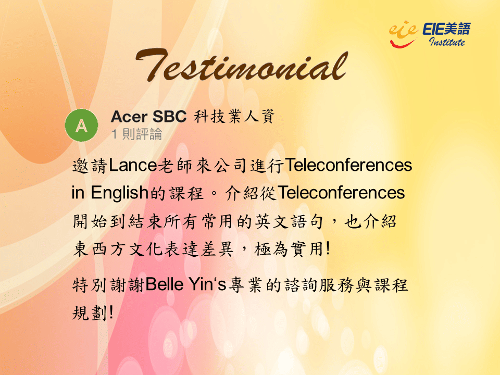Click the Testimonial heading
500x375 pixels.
click(242, 66)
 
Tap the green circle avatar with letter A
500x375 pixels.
click(82, 126)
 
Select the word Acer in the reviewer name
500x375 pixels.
click(129, 117)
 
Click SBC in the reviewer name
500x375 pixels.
click(169, 117)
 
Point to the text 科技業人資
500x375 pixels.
click(234, 116)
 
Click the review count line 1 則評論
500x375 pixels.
click(137, 134)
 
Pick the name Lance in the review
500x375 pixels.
click(133, 166)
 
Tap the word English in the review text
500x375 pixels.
click(120, 193)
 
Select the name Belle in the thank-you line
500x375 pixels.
click(165, 284)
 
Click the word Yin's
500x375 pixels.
click(207, 284)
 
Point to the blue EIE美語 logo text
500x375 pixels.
click(446, 29)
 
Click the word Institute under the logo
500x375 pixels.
click(447, 42)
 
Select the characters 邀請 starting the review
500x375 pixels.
click(90, 166)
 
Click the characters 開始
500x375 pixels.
click(90, 221)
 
